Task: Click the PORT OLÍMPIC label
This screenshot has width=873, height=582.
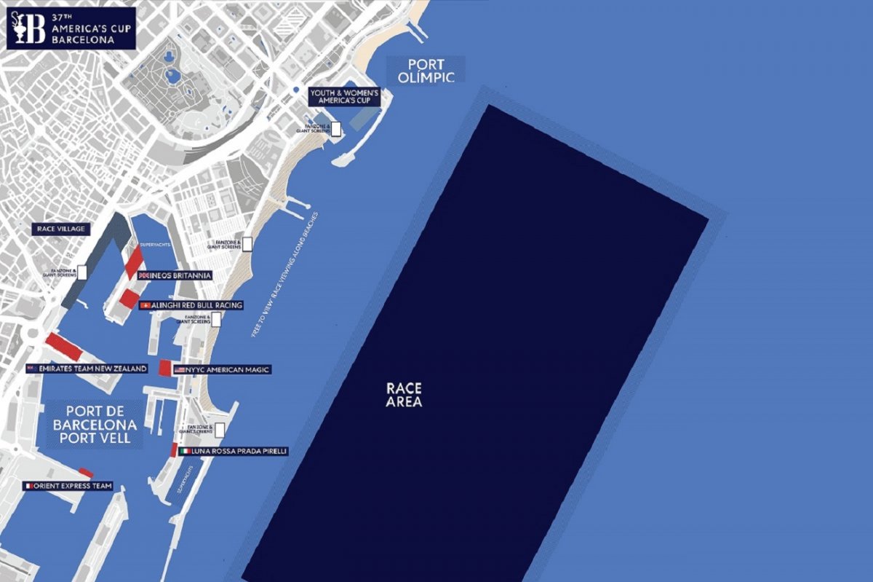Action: [x=425, y=70]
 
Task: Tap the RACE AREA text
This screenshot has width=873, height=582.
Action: [x=404, y=394]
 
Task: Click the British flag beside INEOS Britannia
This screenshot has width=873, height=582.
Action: [x=143, y=275]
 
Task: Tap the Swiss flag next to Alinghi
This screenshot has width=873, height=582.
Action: [x=145, y=305]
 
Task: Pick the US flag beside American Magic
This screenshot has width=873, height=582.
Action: [x=179, y=370]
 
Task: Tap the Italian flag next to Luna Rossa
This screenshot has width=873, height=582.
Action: [x=185, y=452]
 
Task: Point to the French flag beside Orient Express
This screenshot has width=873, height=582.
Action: [x=28, y=486]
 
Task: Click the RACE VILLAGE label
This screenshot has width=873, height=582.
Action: [x=61, y=229]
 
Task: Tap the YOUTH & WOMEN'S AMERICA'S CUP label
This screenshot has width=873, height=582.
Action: [x=345, y=97]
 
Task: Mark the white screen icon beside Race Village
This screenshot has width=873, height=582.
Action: [x=81, y=272]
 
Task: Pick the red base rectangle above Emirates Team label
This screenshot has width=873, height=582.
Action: [x=63, y=347]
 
